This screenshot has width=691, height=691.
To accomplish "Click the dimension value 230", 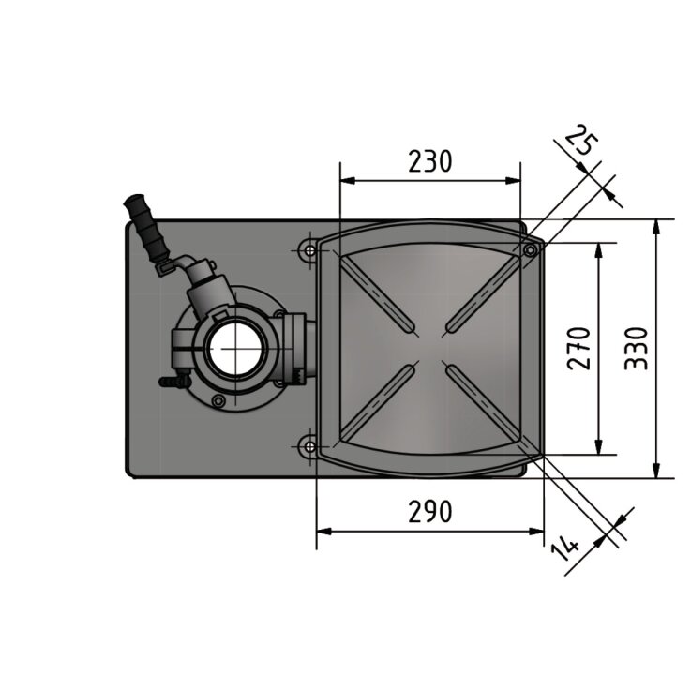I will [x=430, y=161].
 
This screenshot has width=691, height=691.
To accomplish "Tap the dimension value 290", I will [x=430, y=511].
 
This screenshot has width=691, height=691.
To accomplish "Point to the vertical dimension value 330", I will [x=637, y=349].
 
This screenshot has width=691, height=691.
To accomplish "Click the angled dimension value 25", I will [x=580, y=143].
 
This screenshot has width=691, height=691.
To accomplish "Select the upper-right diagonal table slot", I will [x=481, y=294].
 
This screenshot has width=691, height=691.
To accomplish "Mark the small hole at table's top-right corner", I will [x=530, y=250].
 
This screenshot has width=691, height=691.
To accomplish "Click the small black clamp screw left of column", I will [x=170, y=383].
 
